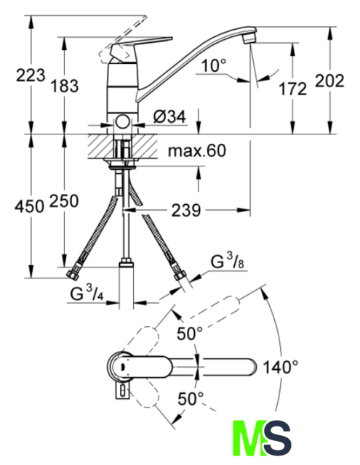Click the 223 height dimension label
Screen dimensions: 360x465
click(x=31, y=76)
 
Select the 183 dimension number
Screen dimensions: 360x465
click(x=65, y=86)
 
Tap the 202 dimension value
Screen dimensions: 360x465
click(x=329, y=81)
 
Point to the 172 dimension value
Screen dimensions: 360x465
click(x=292, y=89)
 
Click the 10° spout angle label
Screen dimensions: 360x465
click(x=214, y=65)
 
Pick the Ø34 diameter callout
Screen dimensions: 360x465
click(x=169, y=116)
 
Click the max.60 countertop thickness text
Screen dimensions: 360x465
click(x=197, y=150)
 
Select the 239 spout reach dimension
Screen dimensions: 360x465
click(x=186, y=210)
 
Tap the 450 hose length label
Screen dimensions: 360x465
click(x=29, y=206)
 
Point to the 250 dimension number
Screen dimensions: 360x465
click(x=64, y=201)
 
